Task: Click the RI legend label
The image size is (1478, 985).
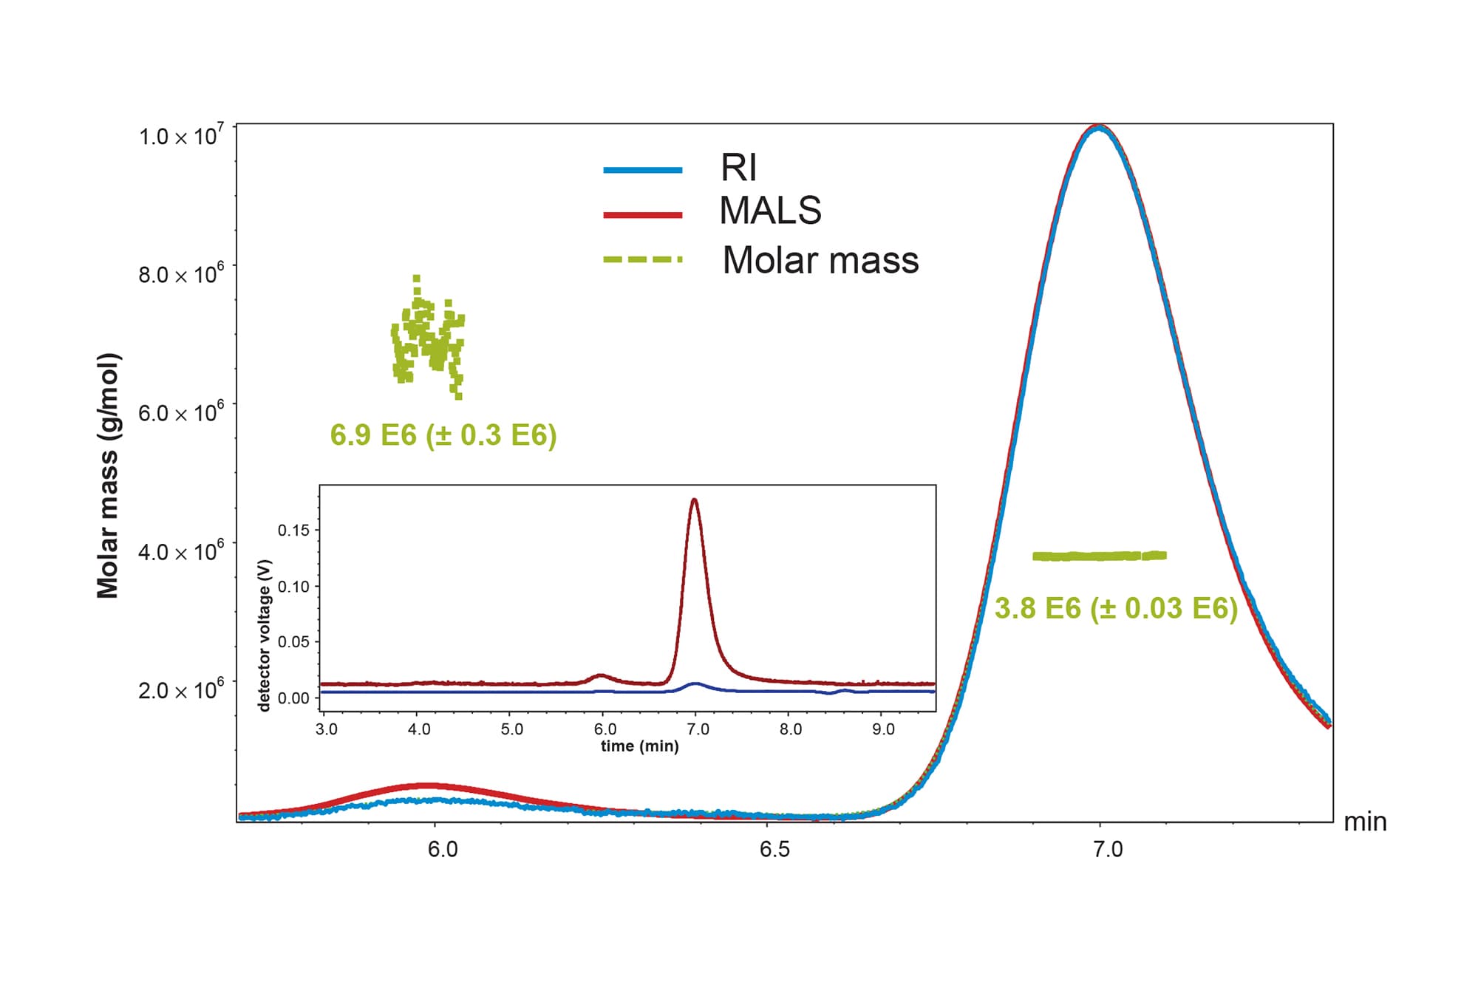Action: click(738, 168)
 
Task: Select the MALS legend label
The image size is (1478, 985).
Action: click(770, 211)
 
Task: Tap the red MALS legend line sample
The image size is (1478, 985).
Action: click(642, 215)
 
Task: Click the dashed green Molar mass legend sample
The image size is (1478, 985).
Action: click(642, 260)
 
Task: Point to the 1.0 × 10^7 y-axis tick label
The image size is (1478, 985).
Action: click(181, 136)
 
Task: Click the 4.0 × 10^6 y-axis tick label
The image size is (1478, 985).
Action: click(181, 551)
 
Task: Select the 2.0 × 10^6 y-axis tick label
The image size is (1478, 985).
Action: click(181, 690)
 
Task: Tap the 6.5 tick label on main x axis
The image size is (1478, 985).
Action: click(774, 850)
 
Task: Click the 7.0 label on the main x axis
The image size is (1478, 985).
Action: click(1107, 850)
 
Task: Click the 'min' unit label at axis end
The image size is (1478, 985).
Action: click(1364, 822)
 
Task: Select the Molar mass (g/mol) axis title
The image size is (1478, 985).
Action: click(108, 475)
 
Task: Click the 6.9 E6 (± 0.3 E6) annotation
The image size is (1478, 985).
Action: click(443, 435)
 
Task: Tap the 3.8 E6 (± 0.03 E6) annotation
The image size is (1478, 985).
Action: click(1115, 609)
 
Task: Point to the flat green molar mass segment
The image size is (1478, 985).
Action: click(1099, 556)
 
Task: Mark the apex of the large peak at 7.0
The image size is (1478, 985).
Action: click(1100, 127)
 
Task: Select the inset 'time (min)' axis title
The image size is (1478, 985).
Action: click(639, 746)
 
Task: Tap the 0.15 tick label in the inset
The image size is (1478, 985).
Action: click(293, 530)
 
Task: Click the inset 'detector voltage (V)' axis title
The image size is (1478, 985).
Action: click(265, 635)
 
